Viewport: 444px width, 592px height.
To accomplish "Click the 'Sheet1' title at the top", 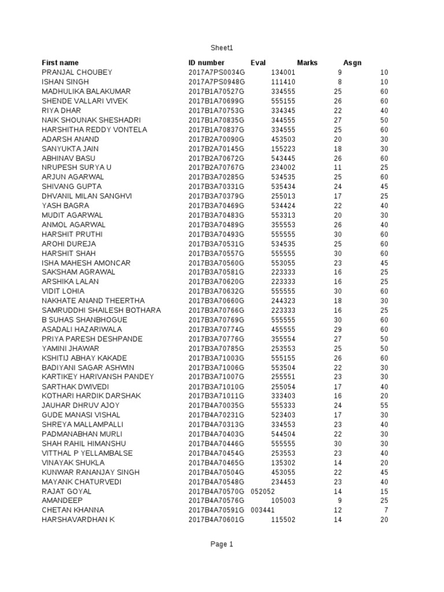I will pos(222,48).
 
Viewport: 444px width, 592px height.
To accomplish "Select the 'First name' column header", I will pos(60,62).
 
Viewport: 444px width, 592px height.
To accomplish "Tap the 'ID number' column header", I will pos(206,62).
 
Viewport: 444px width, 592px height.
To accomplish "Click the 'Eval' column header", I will pos(258,62).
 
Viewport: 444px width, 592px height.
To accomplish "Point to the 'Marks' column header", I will pos(307,62).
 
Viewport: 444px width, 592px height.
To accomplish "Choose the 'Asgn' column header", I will pos(352,62).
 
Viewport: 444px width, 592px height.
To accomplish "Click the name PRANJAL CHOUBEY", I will pos(77,72).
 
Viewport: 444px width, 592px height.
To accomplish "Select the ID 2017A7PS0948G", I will pos(217,82).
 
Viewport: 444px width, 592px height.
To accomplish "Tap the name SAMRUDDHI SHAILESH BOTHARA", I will pos(101,310).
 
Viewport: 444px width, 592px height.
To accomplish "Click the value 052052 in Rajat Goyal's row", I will pos(263,491).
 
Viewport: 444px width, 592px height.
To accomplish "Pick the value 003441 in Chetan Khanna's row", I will pos(263,510).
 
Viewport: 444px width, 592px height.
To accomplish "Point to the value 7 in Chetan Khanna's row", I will pos(386,510).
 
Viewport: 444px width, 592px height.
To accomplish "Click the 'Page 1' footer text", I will pos(222,544).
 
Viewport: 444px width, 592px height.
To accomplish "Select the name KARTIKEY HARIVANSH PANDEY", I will pos(98,377).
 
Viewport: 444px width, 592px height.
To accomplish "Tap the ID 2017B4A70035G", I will pos(217,406).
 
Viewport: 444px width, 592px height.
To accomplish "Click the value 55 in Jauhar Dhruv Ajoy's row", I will pos(384,406).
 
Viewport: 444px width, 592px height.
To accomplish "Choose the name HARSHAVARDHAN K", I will pos(78,520).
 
